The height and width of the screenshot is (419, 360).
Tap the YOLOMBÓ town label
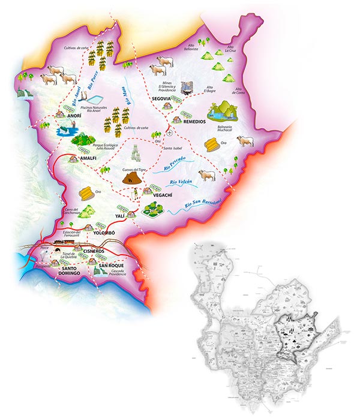pos(104,232)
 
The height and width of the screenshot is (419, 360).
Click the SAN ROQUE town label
pos(111,265)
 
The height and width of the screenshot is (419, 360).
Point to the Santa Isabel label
pos(172,147)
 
